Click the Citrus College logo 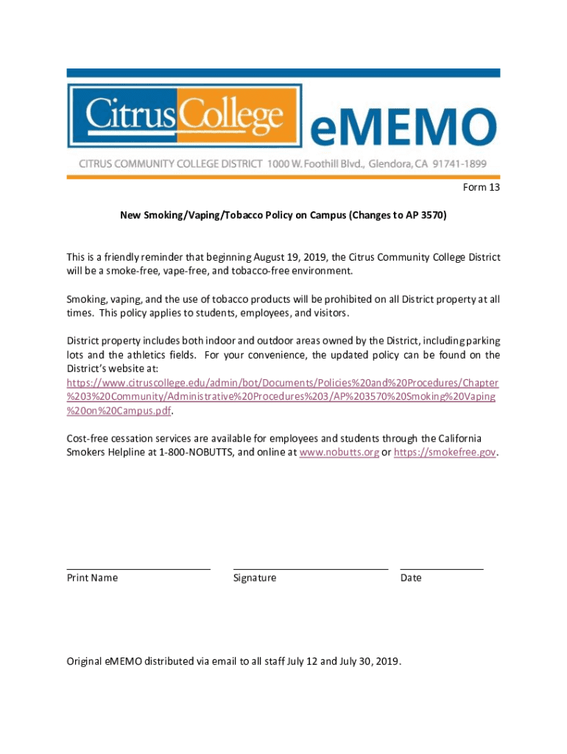pos(185,116)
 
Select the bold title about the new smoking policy pos(283,216)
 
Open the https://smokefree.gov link pos(445,453)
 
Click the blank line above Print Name pos(138,568)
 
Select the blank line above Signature pos(310,568)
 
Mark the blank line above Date pos(442,568)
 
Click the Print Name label pos(92,578)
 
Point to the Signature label pos(255,578)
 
